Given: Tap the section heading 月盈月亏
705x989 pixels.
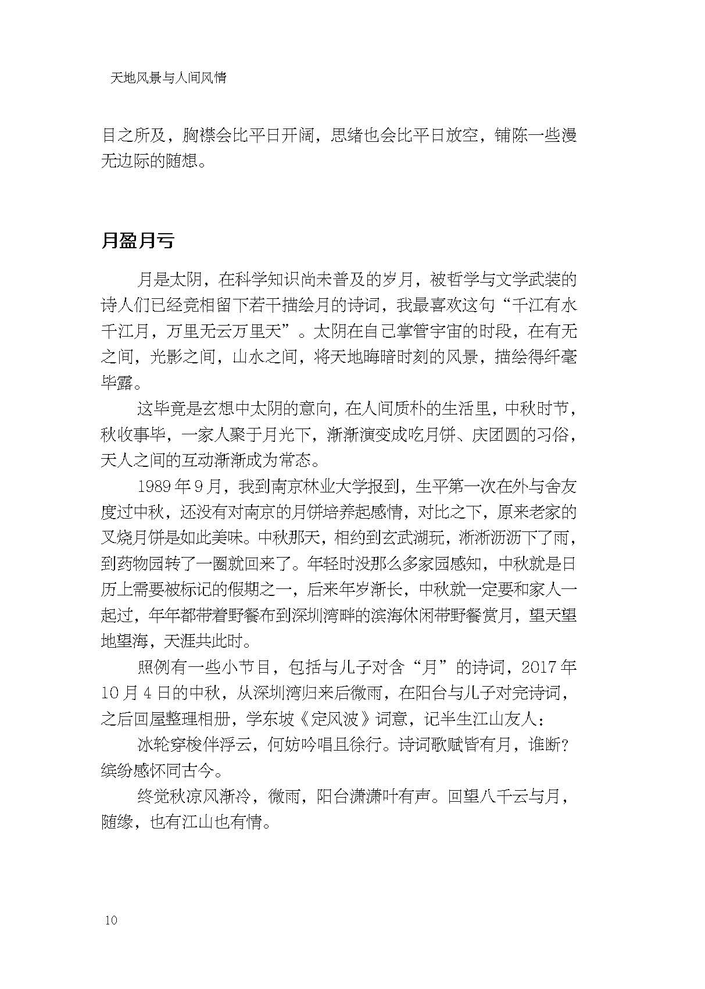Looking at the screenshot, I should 138,241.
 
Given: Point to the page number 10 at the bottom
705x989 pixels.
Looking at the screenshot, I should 111,920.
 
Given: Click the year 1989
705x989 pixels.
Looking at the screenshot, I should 155,487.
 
